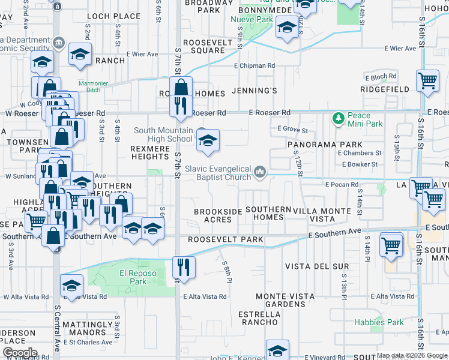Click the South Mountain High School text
point(163,134)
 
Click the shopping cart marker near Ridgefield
point(427,80)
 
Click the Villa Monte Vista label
point(323,215)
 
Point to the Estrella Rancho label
point(260,318)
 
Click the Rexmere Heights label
point(150,152)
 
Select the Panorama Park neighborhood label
point(325,145)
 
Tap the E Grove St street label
point(293,130)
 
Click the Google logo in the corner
point(19,353)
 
